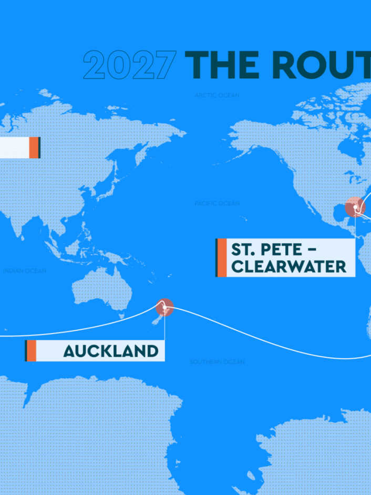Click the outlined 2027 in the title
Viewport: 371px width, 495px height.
129,65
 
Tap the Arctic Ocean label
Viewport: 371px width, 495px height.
217,95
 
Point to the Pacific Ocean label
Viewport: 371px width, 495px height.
217,203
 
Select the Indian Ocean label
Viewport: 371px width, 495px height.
24,271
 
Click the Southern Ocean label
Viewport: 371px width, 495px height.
217,362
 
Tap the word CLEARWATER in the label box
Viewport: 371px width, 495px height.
289,266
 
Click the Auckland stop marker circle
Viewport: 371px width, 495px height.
164,307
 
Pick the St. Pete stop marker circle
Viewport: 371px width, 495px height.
355,207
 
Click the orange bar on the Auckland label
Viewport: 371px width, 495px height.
32,351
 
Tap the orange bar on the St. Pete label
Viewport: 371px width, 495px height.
222,257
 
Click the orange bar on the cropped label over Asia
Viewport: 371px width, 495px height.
34,147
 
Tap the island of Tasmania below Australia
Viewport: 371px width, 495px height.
122,316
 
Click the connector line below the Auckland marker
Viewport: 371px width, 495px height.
164,329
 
